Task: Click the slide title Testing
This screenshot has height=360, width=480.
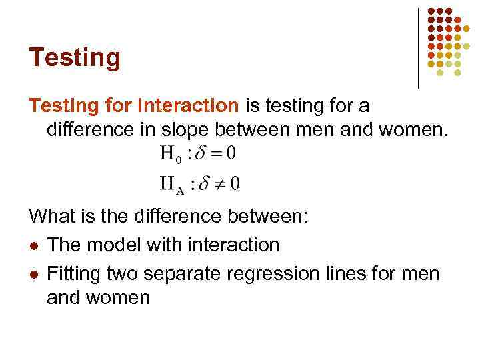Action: click(75, 58)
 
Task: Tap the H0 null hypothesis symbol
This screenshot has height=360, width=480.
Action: click(171, 155)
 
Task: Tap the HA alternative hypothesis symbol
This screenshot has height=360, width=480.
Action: click(172, 183)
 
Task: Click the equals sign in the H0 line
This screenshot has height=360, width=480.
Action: click(215, 153)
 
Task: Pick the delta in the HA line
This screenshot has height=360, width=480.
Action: click(201, 181)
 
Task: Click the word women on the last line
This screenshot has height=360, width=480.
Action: click(118, 297)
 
